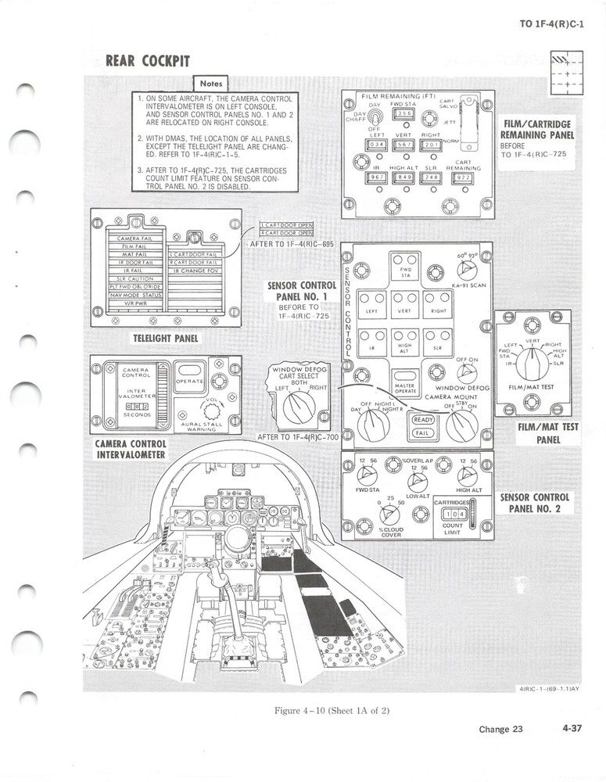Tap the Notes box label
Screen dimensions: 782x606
(x=211, y=83)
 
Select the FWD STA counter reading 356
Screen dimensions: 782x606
(x=403, y=114)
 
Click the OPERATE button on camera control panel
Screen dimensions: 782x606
(x=189, y=381)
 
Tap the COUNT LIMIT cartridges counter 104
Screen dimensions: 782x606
(x=453, y=514)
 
